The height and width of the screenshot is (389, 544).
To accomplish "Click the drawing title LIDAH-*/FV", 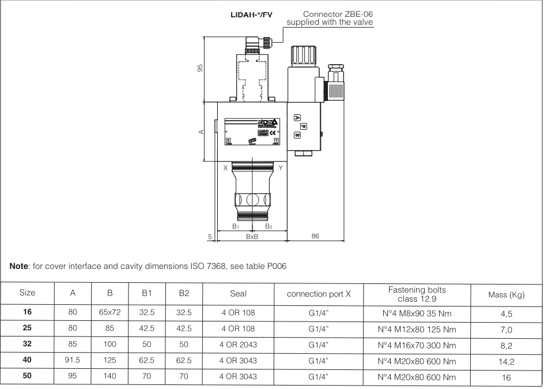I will tap(251, 14).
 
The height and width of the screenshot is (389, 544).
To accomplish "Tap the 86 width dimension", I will tap(315, 237).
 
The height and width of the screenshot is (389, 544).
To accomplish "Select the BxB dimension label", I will tap(252, 237).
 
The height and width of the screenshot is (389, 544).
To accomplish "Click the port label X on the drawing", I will tap(225, 168).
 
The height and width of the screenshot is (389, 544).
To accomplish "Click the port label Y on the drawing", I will tap(280, 168).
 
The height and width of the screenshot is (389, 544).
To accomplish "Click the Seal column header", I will tap(238, 293).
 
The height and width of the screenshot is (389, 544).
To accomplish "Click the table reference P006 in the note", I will tap(276, 266).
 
